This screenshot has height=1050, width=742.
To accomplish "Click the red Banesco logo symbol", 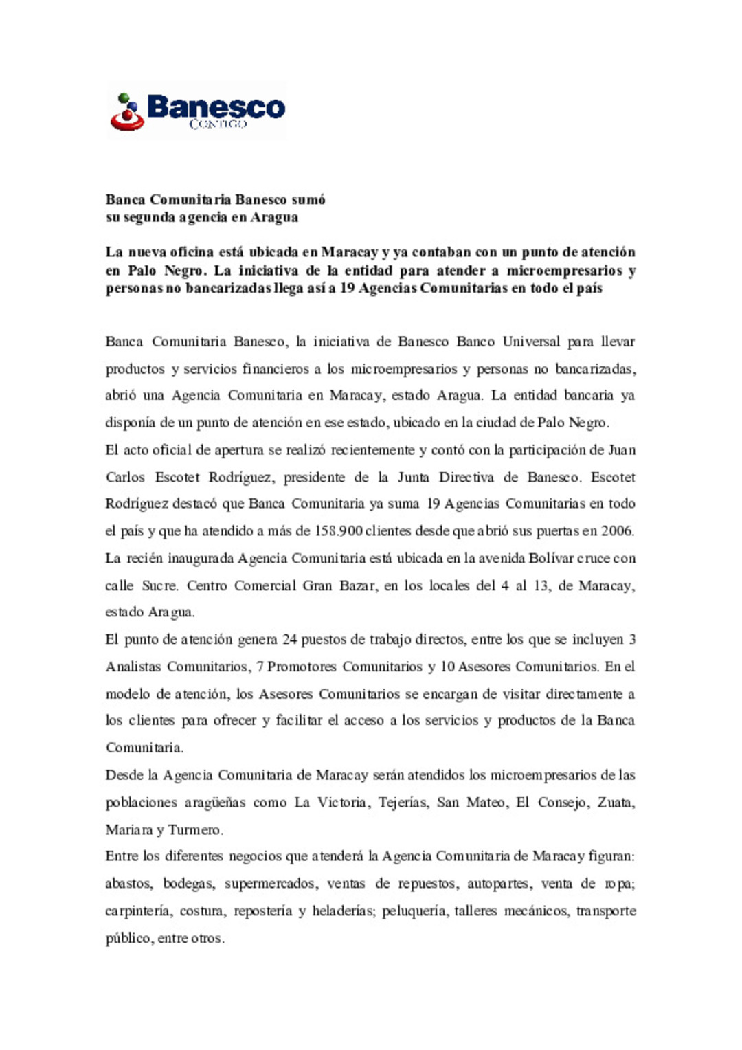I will point(127,113).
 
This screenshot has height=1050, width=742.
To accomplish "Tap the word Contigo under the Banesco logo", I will point(218,124).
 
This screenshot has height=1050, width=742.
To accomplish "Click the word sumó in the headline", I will point(308,200).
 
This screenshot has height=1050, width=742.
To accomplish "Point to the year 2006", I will point(617,531).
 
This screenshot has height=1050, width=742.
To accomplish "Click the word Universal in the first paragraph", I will point(531,342).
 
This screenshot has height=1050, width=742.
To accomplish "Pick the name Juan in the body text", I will point(622,450).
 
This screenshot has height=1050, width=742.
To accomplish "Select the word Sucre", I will point(159,585).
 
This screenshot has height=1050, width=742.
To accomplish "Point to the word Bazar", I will point(358,585).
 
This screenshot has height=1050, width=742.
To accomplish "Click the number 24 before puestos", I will point(289,640).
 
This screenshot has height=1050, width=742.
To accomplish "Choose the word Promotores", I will point(302,667).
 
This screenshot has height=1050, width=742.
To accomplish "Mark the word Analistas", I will point(133,667).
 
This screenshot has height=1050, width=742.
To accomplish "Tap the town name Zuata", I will point(616,803).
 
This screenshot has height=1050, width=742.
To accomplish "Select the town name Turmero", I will point(195,830).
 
